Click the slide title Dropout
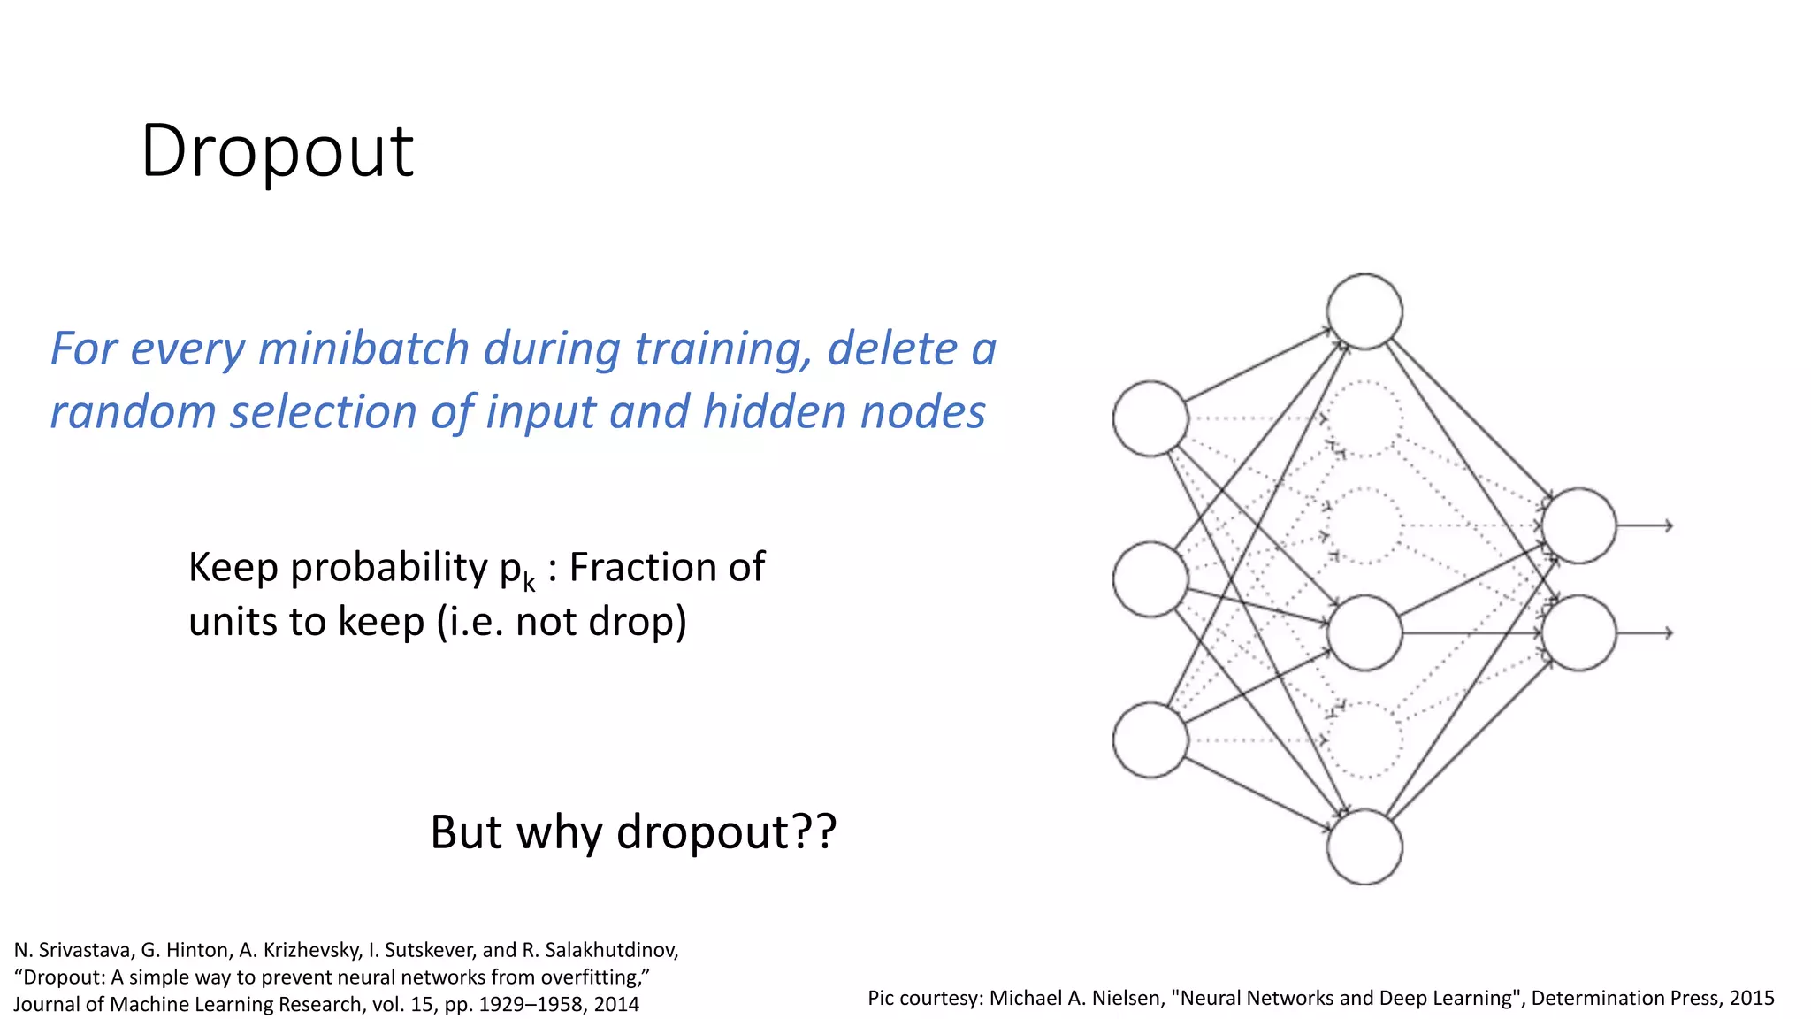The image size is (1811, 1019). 277,151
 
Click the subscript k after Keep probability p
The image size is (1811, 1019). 529,584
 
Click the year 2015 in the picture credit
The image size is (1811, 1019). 1751,998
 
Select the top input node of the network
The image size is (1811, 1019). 1150,418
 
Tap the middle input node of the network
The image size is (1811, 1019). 1150,579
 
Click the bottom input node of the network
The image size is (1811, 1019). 1150,740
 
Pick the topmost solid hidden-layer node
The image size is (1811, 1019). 1364,311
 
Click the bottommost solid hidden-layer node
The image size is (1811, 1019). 1364,847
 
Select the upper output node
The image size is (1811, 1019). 1578,525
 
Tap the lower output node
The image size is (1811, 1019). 1578,633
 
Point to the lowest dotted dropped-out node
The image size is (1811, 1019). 1364,740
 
